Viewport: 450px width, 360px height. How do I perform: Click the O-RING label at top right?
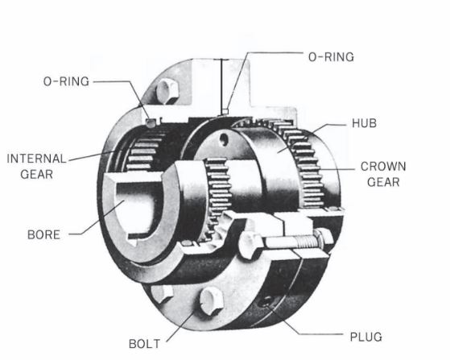pos(331,57)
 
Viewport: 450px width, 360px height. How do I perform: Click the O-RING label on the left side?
pos(66,81)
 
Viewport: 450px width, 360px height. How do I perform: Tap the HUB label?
pos(364,123)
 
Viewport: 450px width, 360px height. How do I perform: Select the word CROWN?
pos(383,167)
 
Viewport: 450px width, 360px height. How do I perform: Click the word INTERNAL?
pos(36,159)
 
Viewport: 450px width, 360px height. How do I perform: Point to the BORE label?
pos(44,235)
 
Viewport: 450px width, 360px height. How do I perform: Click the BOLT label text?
pos(144,344)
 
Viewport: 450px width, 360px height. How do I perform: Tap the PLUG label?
pos(366,337)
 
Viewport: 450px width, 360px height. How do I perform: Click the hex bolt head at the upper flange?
pos(167,91)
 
